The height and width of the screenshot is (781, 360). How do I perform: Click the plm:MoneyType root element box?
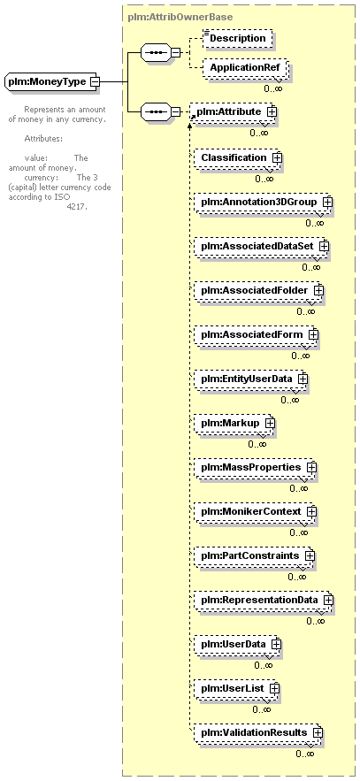[x=52, y=81]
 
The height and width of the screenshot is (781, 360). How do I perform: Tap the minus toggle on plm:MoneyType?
[x=95, y=81]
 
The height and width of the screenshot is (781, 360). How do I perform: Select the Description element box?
[x=238, y=38]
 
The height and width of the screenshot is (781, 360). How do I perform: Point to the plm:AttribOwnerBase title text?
[x=180, y=17]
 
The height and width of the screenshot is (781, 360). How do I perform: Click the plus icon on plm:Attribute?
[x=272, y=112]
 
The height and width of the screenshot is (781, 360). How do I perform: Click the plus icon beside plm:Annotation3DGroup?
[x=327, y=203]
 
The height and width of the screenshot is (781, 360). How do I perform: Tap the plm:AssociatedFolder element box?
[x=259, y=290]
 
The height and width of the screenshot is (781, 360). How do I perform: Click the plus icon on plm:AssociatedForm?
[x=313, y=334]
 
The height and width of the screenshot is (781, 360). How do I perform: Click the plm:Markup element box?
[x=234, y=423]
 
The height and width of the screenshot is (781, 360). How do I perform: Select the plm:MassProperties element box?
[x=256, y=467]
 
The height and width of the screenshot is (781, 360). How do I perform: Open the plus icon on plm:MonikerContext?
[x=311, y=511]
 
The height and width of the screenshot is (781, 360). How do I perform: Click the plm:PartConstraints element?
[x=255, y=555]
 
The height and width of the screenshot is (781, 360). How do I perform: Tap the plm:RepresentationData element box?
[x=264, y=600]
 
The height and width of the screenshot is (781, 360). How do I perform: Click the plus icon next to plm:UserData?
[x=276, y=644]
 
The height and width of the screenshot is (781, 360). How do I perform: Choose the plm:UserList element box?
[x=237, y=688]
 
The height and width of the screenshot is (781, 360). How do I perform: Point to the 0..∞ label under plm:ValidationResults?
[x=305, y=754]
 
